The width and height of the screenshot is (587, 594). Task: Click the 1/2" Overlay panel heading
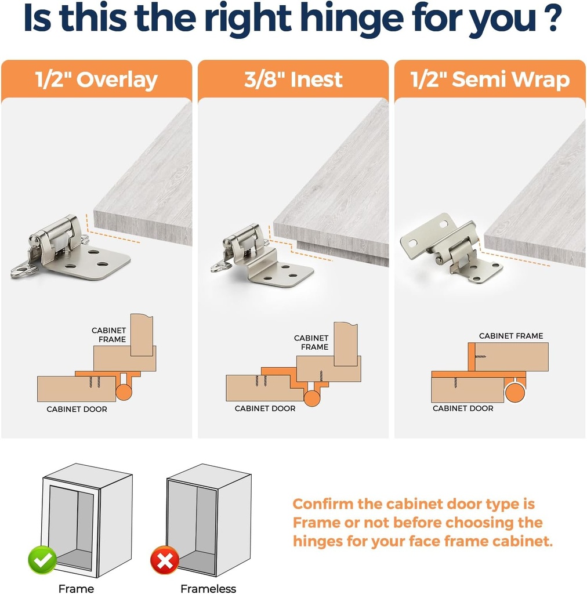(x=96, y=80)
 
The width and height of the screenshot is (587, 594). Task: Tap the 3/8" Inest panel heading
(x=293, y=79)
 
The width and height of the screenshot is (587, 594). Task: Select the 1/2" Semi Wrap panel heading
(x=490, y=79)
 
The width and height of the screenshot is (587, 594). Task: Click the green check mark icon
(x=42, y=560)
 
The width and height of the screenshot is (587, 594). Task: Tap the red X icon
(x=165, y=560)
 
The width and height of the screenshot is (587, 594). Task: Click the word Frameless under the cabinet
(x=208, y=588)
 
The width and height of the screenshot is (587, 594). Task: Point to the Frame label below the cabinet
(x=76, y=588)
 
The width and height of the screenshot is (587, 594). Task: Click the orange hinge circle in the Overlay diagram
(x=124, y=392)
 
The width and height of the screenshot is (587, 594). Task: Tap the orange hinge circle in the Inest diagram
(x=312, y=398)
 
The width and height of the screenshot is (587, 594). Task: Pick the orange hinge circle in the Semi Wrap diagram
(x=515, y=393)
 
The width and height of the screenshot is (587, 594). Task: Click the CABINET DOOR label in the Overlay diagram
(x=77, y=409)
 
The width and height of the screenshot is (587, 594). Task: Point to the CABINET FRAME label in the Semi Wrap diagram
(x=511, y=336)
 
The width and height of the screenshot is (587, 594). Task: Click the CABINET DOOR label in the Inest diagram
(x=265, y=408)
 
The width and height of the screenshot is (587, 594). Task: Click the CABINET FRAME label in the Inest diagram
(x=311, y=342)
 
